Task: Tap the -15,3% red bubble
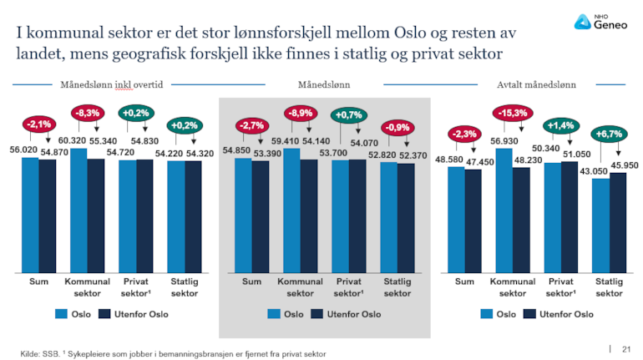tap(513, 113)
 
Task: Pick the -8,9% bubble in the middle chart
tap(301, 113)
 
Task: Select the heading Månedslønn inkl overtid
tap(111, 84)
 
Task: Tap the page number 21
tap(626, 347)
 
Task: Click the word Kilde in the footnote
tap(30, 354)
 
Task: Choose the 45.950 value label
tap(624, 165)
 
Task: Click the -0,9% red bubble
tap(397, 128)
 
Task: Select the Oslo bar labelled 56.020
tap(30, 214)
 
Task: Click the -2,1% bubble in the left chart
tap(38, 124)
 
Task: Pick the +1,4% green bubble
tap(560, 125)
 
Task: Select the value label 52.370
tap(413, 155)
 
